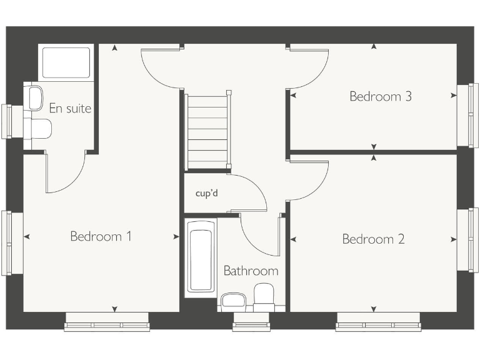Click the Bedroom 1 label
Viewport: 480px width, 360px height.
tap(101, 236)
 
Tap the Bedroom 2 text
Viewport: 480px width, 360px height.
tap(373, 239)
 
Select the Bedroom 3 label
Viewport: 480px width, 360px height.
tap(380, 96)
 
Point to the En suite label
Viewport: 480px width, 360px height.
tap(70, 109)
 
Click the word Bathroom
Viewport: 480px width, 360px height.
tap(251, 271)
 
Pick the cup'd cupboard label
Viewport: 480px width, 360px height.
tap(206, 193)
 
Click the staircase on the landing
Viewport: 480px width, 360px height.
tap(207, 131)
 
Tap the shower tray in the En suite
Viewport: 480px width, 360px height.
tap(66, 62)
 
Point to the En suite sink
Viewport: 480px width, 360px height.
tap(34, 97)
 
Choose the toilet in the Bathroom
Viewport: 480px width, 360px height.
tap(264, 296)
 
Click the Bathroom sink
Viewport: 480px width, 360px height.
tap(234, 301)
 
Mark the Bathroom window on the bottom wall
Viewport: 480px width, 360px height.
tap(251, 325)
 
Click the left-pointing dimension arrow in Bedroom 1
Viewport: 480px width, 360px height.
tap(26, 236)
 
